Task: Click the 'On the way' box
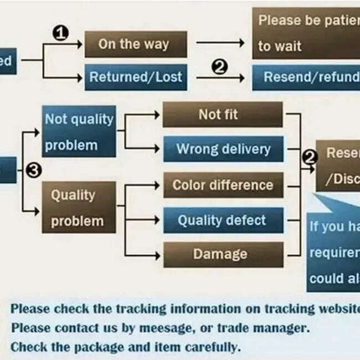coord(135,44)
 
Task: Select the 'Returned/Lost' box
coord(135,77)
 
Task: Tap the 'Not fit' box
coord(223,115)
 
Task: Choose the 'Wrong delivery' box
coord(223,149)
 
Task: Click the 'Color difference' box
coord(223,185)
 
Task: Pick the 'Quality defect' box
coord(223,220)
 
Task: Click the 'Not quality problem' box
coord(79,132)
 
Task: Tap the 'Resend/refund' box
coord(307,77)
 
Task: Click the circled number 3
coord(34,171)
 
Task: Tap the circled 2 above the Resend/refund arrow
coord(220,67)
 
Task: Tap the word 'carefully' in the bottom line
coord(211,347)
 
